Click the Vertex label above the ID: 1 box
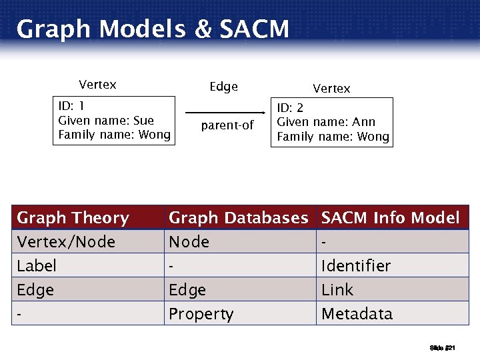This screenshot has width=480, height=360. click(x=97, y=85)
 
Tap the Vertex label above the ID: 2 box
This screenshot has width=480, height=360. click(x=331, y=89)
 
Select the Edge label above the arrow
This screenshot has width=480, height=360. click(x=223, y=87)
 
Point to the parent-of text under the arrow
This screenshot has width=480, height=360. click(x=227, y=125)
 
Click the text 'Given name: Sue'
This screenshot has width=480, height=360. click(x=106, y=121)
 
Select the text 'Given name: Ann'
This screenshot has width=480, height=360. click(x=326, y=122)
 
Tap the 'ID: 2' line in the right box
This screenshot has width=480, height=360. click(x=290, y=107)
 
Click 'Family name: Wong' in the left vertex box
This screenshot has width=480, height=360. click(x=114, y=135)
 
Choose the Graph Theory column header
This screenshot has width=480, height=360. click(x=73, y=218)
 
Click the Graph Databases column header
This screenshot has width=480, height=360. click(x=238, y=218)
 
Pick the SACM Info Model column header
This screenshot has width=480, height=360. click(x=390, y=218)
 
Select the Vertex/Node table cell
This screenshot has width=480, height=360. click(x=66, y=242)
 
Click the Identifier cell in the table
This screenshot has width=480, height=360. click(x=355, y=266)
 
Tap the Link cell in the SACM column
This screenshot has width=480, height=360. click(x=337, y=290)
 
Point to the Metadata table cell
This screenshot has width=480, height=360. click(x=357, y=314)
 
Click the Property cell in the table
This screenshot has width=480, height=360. click(x=201, y=314)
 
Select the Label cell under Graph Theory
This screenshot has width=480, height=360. click(x=37, y=266)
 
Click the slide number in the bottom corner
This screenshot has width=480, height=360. click(x=442, y=347)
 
